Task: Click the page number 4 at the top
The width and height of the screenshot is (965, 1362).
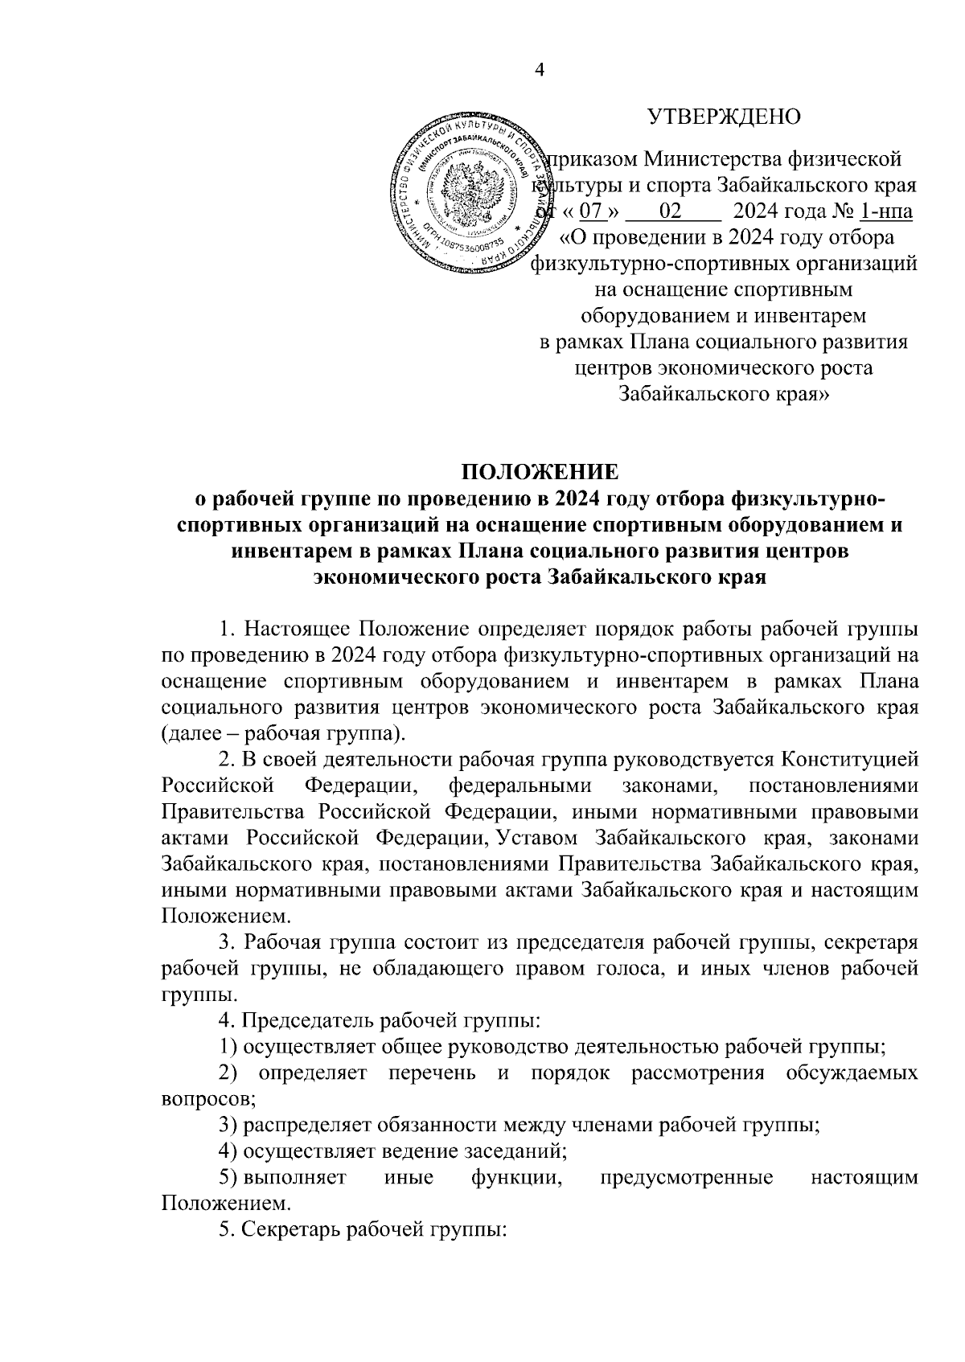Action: (540, 71)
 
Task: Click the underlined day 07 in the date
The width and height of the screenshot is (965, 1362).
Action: (591, 212)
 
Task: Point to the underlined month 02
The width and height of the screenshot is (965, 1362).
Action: (670, 212)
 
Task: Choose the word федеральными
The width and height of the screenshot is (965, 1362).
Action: (520, 786)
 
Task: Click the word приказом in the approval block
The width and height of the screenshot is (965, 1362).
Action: (590, 160)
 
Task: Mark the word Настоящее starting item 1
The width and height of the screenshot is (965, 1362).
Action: (297, 628)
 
